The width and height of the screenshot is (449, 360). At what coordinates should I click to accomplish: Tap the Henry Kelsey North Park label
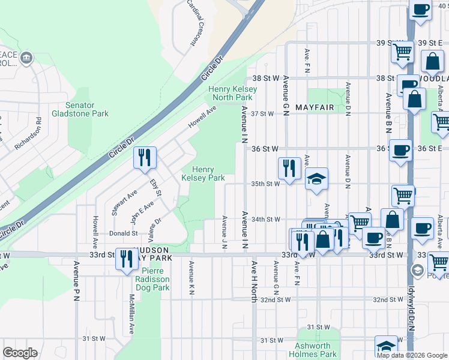coord(232,93)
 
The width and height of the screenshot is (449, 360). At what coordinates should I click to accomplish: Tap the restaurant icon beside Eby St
coord(145,158)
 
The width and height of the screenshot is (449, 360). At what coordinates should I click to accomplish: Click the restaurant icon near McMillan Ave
coord(127,259)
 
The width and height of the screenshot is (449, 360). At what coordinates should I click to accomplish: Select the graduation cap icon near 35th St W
coord(316,179)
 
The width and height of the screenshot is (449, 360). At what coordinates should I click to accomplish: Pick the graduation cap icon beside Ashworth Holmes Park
coord(387,347)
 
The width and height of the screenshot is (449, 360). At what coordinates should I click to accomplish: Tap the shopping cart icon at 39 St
coord(402,52)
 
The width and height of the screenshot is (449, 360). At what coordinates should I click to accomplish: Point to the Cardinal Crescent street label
coord(195,22)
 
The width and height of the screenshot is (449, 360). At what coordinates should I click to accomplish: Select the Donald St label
coord(123,233)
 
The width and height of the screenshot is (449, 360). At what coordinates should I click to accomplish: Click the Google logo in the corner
coord(20,353)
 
